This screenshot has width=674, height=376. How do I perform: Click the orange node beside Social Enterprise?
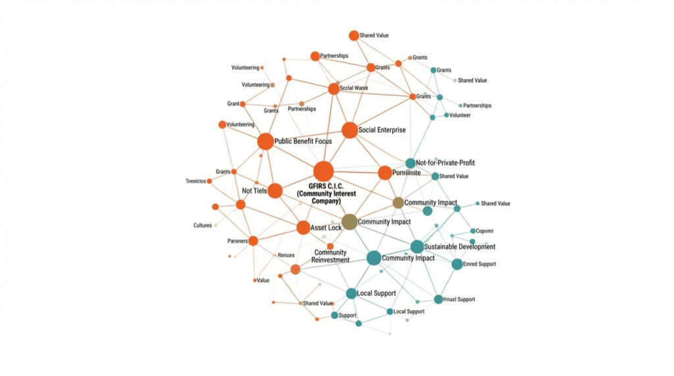350,130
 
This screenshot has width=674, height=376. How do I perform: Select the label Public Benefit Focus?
303,141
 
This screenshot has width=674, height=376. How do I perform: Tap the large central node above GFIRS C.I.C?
323,171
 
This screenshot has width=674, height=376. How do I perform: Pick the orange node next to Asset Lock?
303,228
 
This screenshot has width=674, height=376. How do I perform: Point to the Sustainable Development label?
460,247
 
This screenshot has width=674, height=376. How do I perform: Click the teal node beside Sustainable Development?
417,247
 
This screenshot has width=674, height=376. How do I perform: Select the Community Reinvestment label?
330,256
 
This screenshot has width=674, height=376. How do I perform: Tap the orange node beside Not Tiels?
275,191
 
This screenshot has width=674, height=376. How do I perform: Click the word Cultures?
203,225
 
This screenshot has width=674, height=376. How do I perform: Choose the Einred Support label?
479,264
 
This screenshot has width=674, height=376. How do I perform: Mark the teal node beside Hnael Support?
438,300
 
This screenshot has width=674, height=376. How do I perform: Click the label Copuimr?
485,231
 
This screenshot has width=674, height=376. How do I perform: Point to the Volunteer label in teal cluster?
461,115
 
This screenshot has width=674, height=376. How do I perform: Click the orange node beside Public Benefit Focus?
265,141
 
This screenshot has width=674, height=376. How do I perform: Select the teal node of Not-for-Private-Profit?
410,163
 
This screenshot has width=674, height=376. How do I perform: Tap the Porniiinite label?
407,173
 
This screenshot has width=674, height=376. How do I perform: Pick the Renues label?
286,255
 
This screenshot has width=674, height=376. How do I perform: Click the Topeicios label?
196,180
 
